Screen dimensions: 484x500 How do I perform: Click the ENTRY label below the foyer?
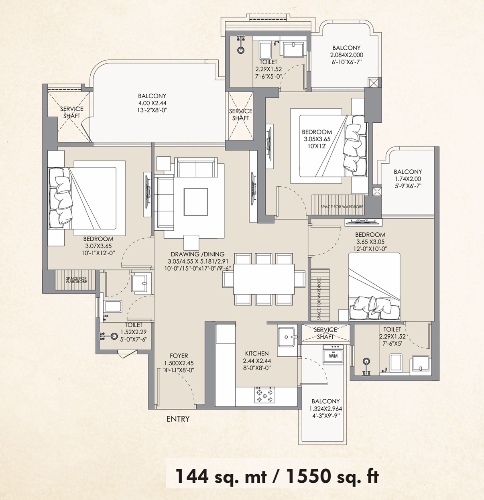coord(178,419)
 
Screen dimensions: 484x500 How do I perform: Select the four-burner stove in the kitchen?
coord(264,395)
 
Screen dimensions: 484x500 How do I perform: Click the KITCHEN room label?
coord(257,353)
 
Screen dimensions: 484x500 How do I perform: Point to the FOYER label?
coord(179,356)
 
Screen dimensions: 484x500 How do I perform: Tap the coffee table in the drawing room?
coord(195,202)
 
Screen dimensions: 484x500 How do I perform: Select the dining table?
coord(264,279)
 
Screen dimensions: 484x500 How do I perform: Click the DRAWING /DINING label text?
coord(197,254)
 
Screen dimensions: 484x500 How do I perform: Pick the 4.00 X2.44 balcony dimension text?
coord(152,103)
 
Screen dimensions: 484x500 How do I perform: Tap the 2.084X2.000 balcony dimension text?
coord(347,55)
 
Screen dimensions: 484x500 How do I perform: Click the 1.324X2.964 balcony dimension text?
coord(325,409)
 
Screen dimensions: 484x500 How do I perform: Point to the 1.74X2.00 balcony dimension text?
coord(408,179)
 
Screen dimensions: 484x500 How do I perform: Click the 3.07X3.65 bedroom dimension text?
coord(98,246)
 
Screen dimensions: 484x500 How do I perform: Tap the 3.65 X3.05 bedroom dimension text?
coord(370,242)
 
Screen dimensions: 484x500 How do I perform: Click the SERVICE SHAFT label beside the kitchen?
coord(325,333)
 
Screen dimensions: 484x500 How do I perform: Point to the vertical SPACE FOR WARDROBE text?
coord(319,299)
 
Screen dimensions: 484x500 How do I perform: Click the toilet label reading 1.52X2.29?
coord(134,332)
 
